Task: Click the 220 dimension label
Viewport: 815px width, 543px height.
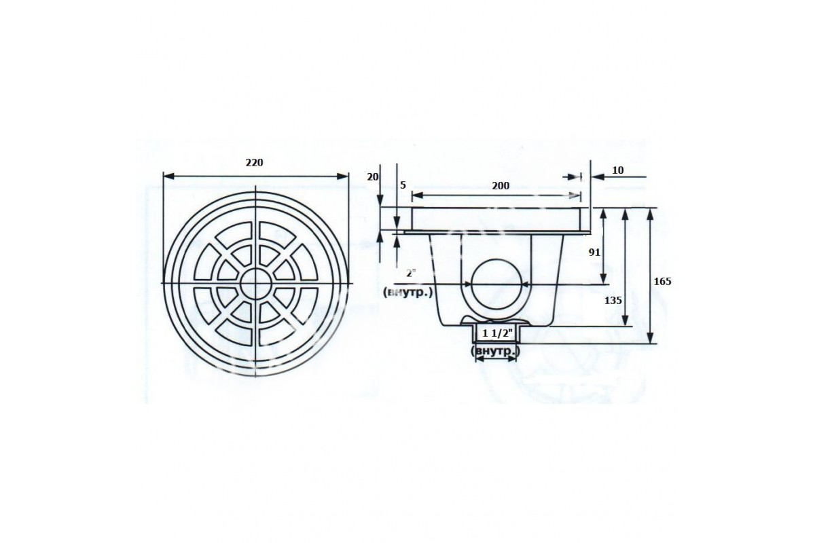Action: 254,163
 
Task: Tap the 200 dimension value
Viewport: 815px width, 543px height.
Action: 501,186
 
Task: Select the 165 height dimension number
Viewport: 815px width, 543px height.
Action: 662,281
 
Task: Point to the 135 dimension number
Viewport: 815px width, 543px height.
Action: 613,301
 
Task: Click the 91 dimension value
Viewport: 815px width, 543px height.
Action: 594,252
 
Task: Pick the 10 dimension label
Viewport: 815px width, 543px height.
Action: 618,170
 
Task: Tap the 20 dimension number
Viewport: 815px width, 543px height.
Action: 373,176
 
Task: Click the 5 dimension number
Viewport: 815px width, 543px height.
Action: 403,185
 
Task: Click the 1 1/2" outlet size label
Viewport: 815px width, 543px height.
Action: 497,333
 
